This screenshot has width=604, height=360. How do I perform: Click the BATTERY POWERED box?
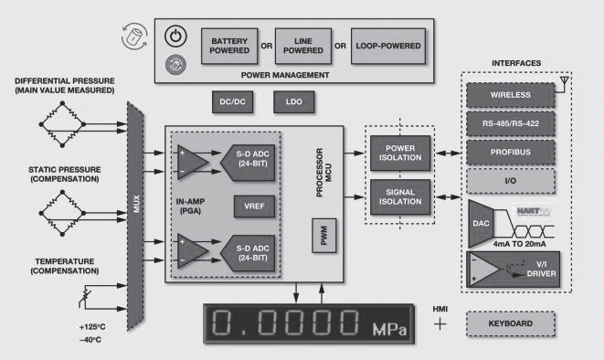(x=229, y=46)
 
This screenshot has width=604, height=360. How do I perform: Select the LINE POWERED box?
(x=303, y=46)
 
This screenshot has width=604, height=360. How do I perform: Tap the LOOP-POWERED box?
(x=388, y=46)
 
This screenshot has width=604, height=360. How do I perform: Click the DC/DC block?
(x=233, y=102)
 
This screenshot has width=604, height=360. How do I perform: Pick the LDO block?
(x=294, y=102)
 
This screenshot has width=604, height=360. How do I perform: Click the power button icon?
(x=175, y=37)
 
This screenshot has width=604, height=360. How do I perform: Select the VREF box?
(x=254, y=206)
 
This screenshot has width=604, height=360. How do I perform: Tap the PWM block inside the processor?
(x=324, y=235)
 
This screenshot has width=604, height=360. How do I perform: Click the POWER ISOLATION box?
(x=400, y=153)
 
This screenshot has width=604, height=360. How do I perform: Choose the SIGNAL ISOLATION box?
(x=400, y=196)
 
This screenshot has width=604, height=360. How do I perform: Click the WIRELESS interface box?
(x=511, y=95)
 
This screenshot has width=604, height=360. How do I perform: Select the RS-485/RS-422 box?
(x=511, y=123)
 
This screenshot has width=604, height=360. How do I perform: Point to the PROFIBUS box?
(x=511, y=152)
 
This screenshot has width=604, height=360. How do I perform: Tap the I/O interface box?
(x=511, y=181)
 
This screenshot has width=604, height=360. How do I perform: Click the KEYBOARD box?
(x=511, y=323)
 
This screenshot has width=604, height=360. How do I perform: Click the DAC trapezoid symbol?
(x=481, y=223)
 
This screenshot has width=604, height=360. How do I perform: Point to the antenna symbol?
(x=564, y=83)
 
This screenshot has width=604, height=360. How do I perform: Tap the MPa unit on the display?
(x=389, y=329)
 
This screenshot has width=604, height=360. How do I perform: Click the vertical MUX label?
(x=136, y=204)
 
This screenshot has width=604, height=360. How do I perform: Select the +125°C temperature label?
(x=92, y=327)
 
